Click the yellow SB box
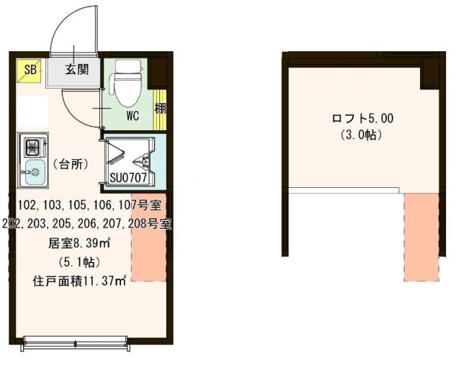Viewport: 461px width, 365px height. pos(30,70)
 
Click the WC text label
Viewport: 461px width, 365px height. pos(132,114)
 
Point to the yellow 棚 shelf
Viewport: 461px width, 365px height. pos(159,109)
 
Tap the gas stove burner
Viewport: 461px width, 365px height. pos(33,147)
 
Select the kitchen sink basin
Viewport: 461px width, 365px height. pos(33,171)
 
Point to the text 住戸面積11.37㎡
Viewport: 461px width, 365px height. pos(79,280)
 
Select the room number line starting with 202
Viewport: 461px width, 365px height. pos(86,224)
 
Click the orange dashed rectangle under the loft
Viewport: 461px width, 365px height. pos(421,235)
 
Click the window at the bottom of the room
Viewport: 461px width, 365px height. pos(76,341)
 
